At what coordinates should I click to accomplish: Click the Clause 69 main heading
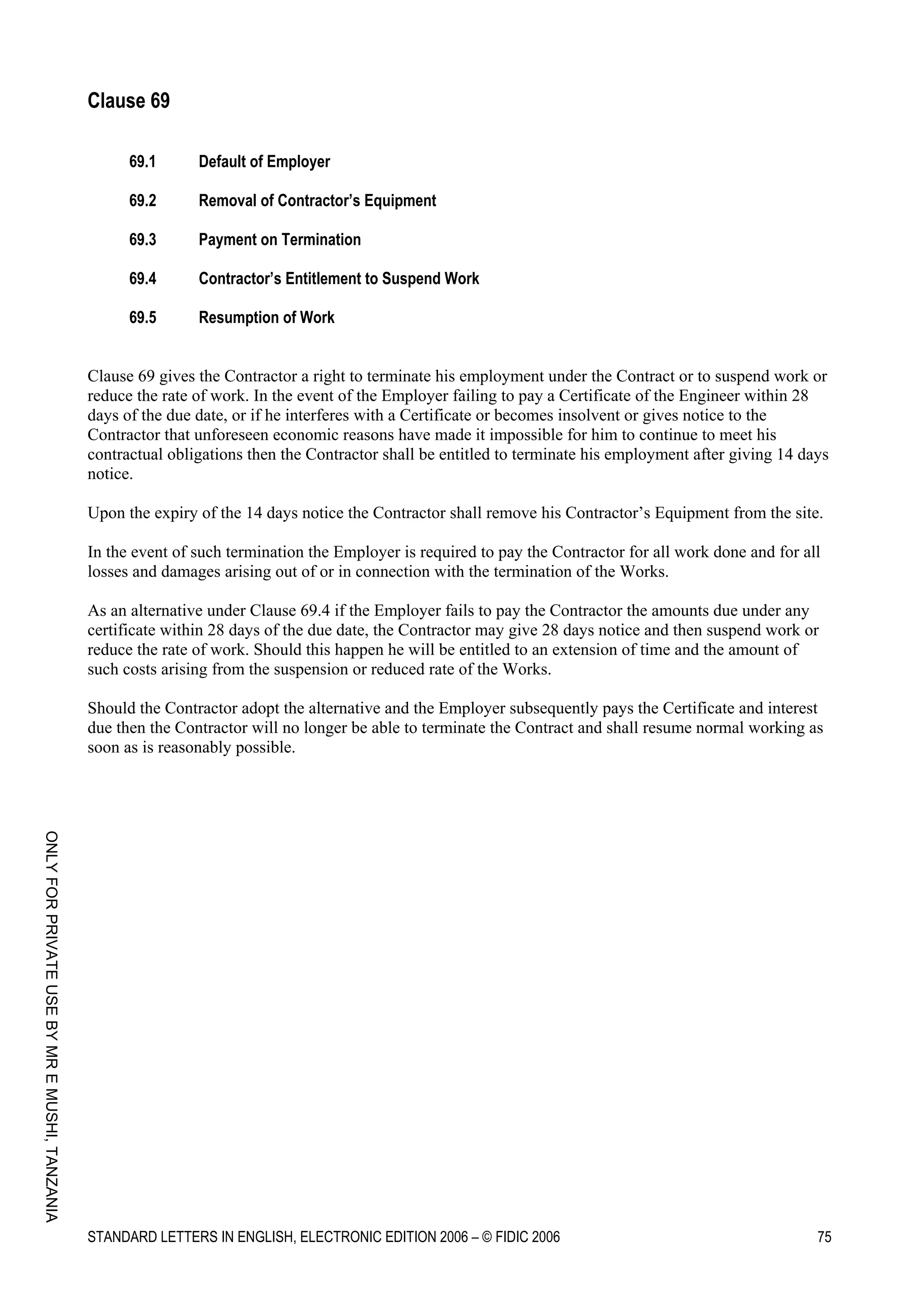[x=128, y=101]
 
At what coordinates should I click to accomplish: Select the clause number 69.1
[x=142, y=162]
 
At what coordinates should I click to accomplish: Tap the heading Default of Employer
[x=264, y=162]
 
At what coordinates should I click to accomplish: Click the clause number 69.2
[x=142, y=201]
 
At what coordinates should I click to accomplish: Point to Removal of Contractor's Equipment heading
[x=317, y=201]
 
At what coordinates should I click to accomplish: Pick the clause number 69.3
[x=142, y=240]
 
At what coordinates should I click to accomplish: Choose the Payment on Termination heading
[x=280, y=240]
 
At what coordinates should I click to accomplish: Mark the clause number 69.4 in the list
[x=142, y=279]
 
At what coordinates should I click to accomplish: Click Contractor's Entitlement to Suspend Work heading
[x=339, y=279]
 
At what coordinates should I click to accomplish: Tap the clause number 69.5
[x=142, y=318]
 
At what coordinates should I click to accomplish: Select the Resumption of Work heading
[x=266, y=318]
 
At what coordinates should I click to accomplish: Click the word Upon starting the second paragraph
[x=104, y=513]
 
